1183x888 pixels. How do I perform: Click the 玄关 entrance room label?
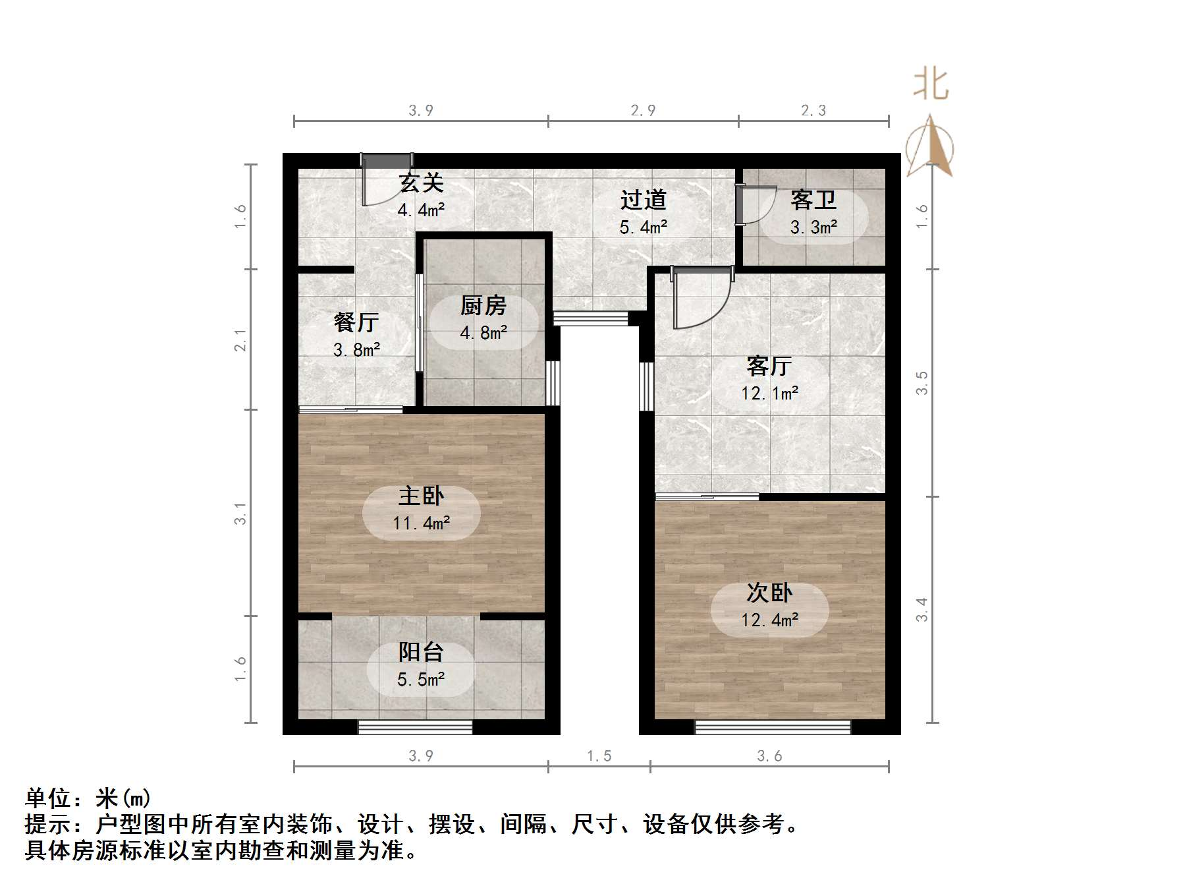tap(421, 183)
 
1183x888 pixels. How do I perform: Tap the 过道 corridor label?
tap(643, 200)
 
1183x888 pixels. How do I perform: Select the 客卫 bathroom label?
tap(813, 200)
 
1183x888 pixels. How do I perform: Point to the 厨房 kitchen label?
tap(483, 305)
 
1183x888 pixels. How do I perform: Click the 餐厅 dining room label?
tap(356, 322)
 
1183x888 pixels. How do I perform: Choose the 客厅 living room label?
tap(769, 366)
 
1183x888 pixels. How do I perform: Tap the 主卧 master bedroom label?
tap(421, 496)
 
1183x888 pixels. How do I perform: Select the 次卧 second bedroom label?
tap(769, 593)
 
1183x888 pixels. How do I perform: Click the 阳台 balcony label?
tap(421, 652)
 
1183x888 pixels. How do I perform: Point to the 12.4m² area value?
tap(769, 620)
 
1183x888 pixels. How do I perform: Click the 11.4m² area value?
tap(422, 523)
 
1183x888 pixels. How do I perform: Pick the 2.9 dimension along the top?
tap(643, 111)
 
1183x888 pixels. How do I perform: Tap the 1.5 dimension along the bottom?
tap(599, 756)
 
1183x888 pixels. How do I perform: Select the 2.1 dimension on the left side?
tap(241, 340)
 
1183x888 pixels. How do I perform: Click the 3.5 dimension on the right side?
tap(922, 383)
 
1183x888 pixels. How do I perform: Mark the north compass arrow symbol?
tap(929, 146)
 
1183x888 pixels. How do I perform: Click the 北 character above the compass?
tap(930, 85)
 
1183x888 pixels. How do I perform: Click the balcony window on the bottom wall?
tap(415, 727)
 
